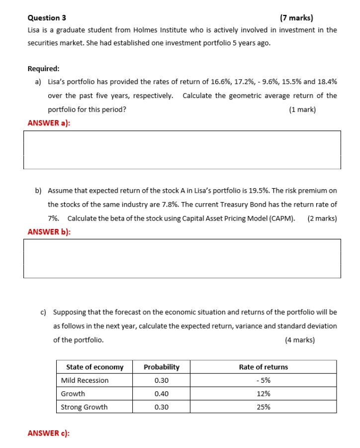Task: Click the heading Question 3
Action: pyautogui.click(x=47, y=18)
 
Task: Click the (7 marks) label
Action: pyautogui.click(x=296, y=18)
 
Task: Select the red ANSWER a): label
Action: pyautogui.click(x=49, y=123)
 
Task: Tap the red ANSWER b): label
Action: pyautogui.click(x=49, y=231)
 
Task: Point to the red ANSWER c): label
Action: pyautogui.click(x=49, y=433)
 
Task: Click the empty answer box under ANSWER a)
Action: pyautogui.click(x=182, y=150)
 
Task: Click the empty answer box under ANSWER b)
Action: pyautogui.click(x=182, y=258)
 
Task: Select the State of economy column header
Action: pyautogui.click(x=94, y=367)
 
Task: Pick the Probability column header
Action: pyautogui.click(x=161, y=367)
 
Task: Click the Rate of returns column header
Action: pyautogui.click(x=263, y=367)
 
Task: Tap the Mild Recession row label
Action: pyautogui.click(x=85, y=381)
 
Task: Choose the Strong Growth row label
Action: pyautogui.click(x=84, y=407)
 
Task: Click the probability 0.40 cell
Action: pyautogui.click(x=161, y=394)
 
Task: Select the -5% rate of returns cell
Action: pyautogui.click(x=263, y=381)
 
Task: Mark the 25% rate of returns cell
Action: pyautogui.click(x=263, y=407)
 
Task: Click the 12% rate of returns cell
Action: pyautogui.click(x=263, y=394)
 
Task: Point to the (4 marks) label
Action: pyautogui.click(x=300, y=340)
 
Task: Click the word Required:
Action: pyautogui.click(x=44, y=69)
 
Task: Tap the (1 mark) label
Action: pyautogui.click(x=302, y=110)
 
